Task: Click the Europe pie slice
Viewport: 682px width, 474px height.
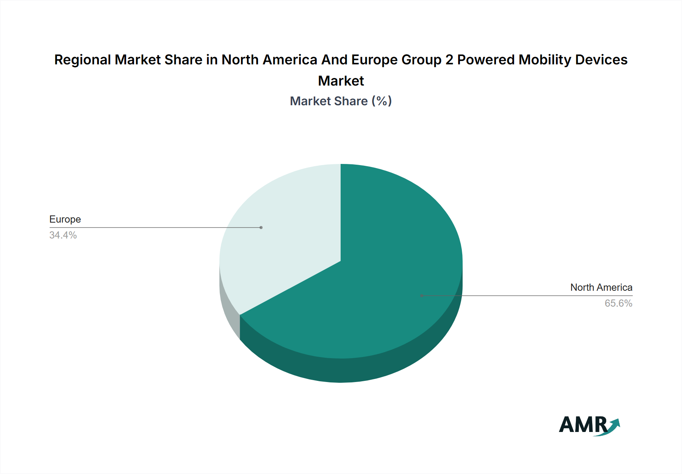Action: click(288, 235)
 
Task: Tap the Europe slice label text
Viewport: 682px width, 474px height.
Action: click(65, 220)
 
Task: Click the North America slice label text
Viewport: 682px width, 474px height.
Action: click(601, 288)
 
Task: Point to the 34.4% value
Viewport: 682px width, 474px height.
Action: click(63, 235)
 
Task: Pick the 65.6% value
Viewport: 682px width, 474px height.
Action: click(618, 304)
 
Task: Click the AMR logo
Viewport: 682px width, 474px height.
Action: click(589, 426)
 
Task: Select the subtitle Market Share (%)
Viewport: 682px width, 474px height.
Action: click(341, 101)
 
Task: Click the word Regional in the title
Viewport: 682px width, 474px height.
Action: click(83, 60)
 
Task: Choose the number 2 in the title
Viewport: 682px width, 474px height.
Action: click(449, 60)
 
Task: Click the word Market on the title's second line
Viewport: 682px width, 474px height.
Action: click(341, 81)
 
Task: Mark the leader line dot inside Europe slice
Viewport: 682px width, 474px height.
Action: click(261, 228)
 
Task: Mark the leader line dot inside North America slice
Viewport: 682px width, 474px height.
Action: click(422, 296)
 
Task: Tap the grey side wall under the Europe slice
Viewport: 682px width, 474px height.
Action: click(230, 310)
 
